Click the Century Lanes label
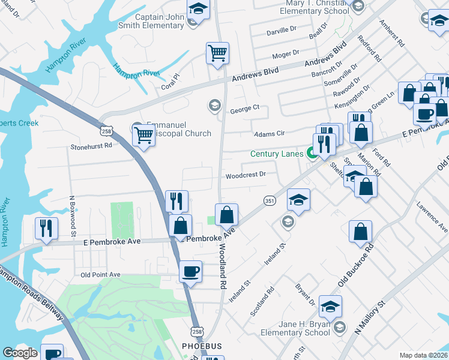(x=277, y=154)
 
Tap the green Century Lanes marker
(x=313, y=154)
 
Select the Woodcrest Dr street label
(x=246, y=175)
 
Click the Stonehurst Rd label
(x=91, y=145)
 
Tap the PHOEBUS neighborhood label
(x=202, y=346)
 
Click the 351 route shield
(x=269, y=200)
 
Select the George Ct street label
(x=244, y=110)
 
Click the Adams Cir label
(x=268, y=134)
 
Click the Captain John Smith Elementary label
(x=159, y=22)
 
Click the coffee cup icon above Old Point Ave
(x=190, y=272)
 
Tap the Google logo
(x=20, y=353)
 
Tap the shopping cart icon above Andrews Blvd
(x=217, y=53)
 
